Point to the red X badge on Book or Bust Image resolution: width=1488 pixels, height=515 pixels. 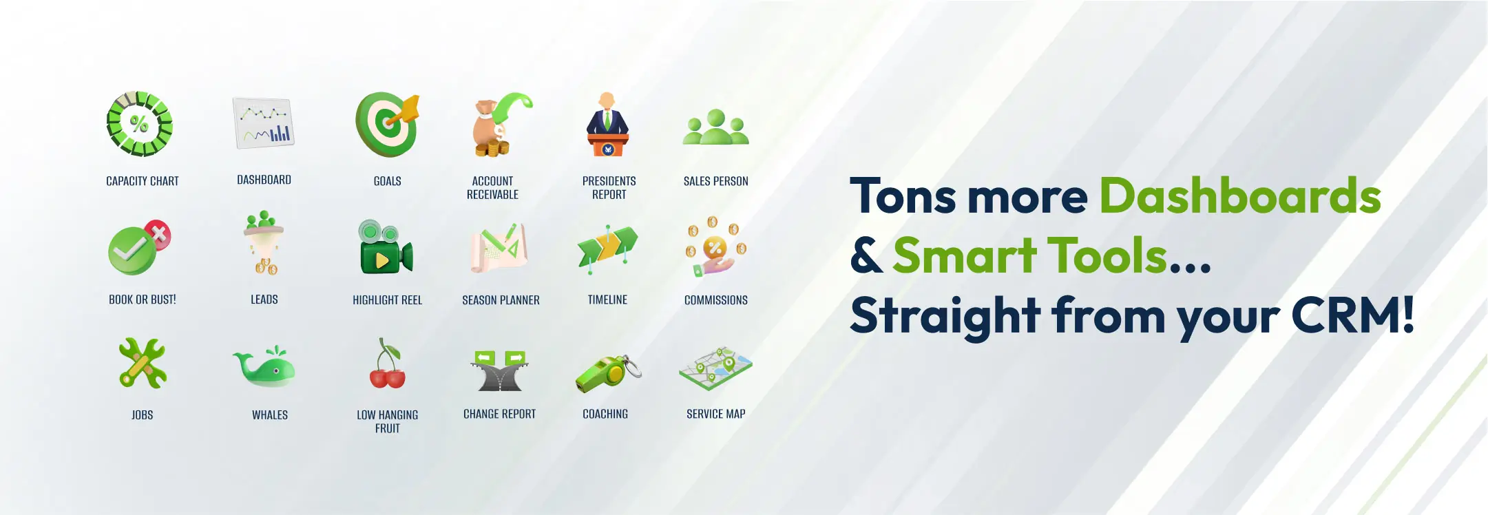[158, 235]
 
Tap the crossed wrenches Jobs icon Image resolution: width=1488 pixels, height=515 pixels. [143, 364]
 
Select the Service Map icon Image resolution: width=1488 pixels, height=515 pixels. [715, 368]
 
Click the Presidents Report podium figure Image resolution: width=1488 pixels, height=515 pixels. [607, 125]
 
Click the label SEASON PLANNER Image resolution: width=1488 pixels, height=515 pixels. [501, 300]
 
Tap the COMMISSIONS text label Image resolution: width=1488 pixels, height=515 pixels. [715, 300]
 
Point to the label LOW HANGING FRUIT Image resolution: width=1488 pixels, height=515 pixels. [387, 421]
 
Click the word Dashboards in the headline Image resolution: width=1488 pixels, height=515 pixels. [1240, 196]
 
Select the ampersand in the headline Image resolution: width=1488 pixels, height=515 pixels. [866, 255]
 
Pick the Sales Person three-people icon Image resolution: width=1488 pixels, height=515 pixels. [715, 127]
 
